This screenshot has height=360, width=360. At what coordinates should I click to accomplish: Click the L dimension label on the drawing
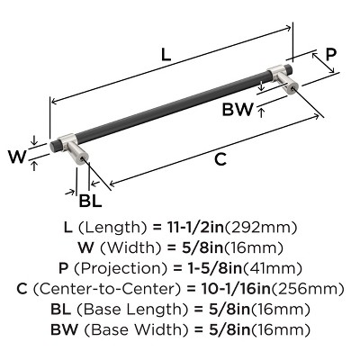point(166,53)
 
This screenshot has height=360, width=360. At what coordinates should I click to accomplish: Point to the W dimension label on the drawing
point(16,157)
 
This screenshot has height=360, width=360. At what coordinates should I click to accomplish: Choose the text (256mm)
point(315,289)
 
